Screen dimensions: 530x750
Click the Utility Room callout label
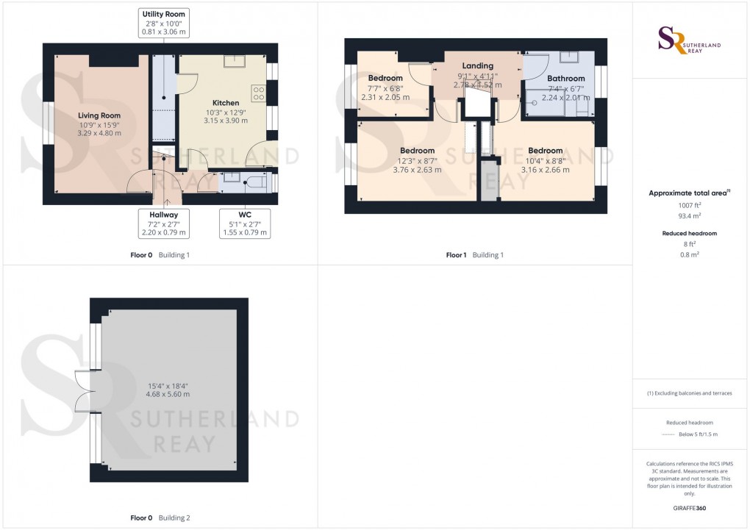tap(164, 24)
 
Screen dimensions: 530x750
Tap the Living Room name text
tap(99, 115)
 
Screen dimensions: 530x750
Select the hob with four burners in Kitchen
tap(259, 93)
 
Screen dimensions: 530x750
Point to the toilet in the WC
tap(257, 182)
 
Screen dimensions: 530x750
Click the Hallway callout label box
tap(164, 223)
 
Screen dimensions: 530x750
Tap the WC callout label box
tap(246, 223)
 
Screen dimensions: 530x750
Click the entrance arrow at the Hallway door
tap(166, 199)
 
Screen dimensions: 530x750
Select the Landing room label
tap(478, 66)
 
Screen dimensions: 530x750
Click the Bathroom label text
tap(565, 79)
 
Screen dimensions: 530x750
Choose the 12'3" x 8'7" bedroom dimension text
tap(417, 160)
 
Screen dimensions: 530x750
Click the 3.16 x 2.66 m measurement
tap(545, 170)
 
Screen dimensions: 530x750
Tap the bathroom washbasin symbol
tap(570, 57)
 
